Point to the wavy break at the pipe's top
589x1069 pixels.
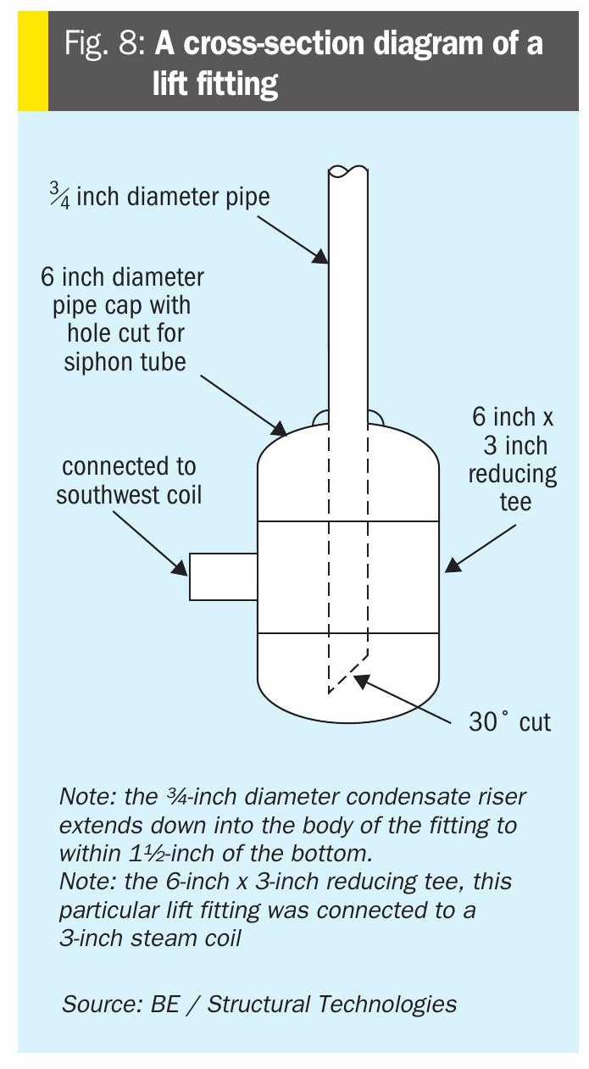point(348,170)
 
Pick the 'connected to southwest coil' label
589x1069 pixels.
point(129,480)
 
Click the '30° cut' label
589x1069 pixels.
point(510,721)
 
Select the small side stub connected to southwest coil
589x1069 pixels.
point(223,576)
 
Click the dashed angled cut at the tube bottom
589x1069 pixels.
point(347,672)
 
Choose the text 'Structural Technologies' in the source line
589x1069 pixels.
point(331,1004)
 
